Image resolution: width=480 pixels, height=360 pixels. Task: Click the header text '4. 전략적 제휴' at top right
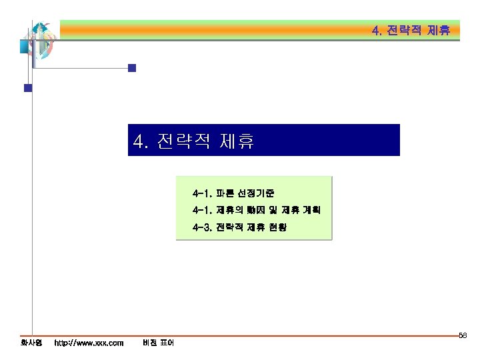pyautogui.click(x=411, y=31)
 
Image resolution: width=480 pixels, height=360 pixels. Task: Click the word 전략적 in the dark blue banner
pyautogui.click(x=183, y=141)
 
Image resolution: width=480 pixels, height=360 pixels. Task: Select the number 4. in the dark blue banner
pyautogui.click(x=141, y=141)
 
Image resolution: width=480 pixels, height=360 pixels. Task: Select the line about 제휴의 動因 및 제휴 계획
pyautogui.click(x=256, y=211)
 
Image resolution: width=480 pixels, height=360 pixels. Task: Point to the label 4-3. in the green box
pyautogui.click(x=201, y=227)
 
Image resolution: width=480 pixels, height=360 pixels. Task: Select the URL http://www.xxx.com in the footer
pyautogui.click(x=89, y=343)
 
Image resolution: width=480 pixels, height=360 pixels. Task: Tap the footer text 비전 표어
pyautogui.click(x=158, y=343)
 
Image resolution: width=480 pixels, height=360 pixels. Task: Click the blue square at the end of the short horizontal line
pyautogui.click(x=132, y=67)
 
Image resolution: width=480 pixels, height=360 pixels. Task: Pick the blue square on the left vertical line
pyautogui.click(x=28, y=87)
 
